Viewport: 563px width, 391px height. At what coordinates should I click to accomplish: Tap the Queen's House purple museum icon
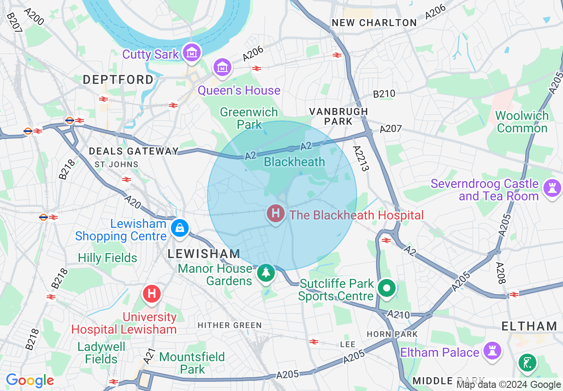222,67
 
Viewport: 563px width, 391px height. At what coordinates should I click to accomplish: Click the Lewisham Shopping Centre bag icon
180,228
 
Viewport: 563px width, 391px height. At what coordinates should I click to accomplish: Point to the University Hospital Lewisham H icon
152,294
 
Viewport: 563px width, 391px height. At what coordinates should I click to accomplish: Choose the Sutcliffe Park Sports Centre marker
387,288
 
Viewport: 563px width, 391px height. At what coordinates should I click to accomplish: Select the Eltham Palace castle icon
492,350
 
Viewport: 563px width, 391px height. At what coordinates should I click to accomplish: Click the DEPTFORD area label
119,80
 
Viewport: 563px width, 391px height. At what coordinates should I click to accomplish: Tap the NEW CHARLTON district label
374,23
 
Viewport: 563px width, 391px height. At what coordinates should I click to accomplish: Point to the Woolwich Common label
522,122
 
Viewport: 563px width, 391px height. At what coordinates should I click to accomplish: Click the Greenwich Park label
249,118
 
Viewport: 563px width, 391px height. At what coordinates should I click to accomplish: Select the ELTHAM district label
529,326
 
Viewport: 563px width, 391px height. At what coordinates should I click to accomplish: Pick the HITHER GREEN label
230,325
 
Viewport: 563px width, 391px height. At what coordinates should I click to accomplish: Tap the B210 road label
384,94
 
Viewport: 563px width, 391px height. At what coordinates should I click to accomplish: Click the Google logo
30,380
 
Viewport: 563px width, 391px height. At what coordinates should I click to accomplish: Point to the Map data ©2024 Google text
508,385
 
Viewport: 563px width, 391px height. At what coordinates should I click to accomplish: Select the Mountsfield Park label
192,363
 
